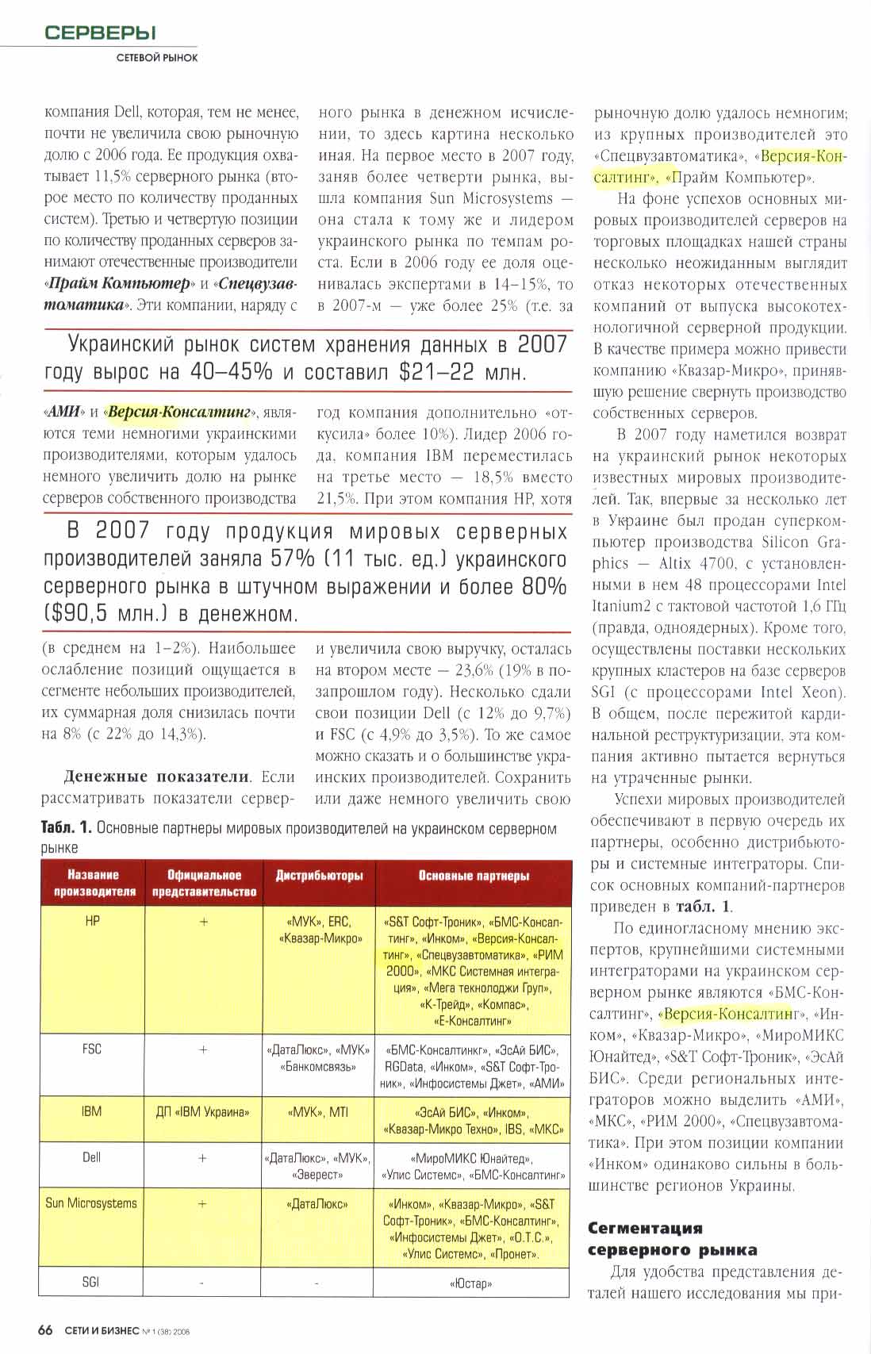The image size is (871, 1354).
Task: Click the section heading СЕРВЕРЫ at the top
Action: (100, 33)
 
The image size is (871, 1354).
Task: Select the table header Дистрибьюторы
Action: (319, 876)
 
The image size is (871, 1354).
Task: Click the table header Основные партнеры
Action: (474, 876)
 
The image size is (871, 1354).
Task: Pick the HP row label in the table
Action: (92, 922)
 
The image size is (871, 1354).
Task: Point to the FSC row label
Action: (92, 1049)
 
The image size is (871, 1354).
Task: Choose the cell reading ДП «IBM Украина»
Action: (202, 1111)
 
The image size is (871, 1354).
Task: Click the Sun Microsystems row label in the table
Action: (91, 1202)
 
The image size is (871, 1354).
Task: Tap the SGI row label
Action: (91, 1281)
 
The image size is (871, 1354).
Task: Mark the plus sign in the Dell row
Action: (202, 1158)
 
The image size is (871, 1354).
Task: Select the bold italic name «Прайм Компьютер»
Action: (118, 283)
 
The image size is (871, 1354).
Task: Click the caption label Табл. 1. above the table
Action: (67, 828)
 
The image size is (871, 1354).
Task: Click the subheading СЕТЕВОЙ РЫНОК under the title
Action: (157, 57)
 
